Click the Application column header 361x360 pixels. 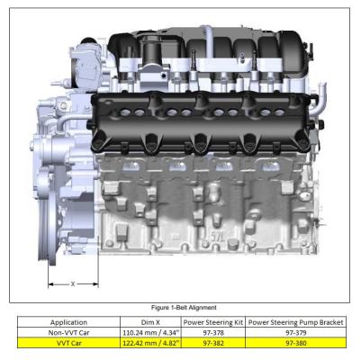coord(68,322)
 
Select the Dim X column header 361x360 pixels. coord(150,322)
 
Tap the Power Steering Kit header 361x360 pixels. coord(213,322)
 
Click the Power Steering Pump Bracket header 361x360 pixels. coord(295,322)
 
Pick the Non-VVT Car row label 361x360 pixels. coord(68,333)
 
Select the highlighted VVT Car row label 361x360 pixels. coord(68,343)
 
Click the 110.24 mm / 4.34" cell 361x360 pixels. coord(150,333)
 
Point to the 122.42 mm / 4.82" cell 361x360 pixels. coord(150,343)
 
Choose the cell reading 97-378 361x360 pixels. coord(213,333)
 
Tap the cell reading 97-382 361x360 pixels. coord(213,343)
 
